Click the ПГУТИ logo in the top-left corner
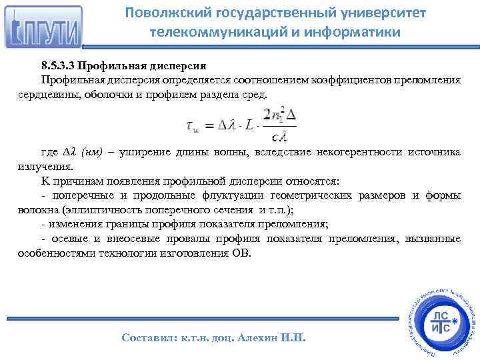coord(43,28)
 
